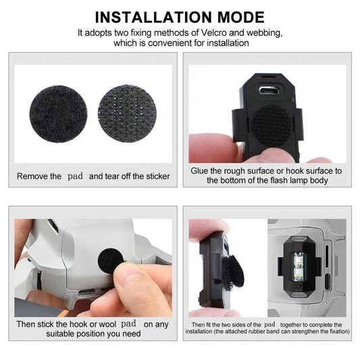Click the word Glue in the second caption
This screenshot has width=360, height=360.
pyautogui.click(x=202, y=172)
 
